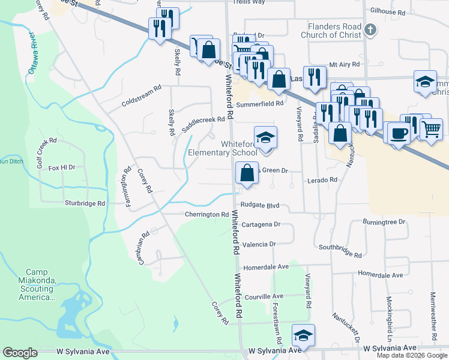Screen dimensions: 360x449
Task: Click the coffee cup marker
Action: click(x=398, y=131)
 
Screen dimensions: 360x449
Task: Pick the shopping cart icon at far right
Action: click(x=431, y=128)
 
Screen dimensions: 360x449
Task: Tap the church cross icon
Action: click(x=371, y=29)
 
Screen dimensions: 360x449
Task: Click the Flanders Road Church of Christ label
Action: click(x=334, y=31)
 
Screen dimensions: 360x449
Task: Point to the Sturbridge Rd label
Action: click(x=85, y=203)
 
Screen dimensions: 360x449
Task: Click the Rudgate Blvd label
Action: click(x=261, y=205)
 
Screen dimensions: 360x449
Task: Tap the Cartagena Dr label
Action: click(x=261, y=224)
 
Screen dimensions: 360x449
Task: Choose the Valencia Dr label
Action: click(x=259, y=244)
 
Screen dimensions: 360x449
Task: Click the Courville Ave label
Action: click(x=264, y=296)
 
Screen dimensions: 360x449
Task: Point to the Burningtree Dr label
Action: click(x=384, y=222)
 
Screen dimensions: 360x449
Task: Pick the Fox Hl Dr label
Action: click(x=62, y=167)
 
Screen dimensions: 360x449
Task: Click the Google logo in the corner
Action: click(x=20, y=353)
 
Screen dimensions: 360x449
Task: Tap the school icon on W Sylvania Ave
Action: click(x=304, y=336)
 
